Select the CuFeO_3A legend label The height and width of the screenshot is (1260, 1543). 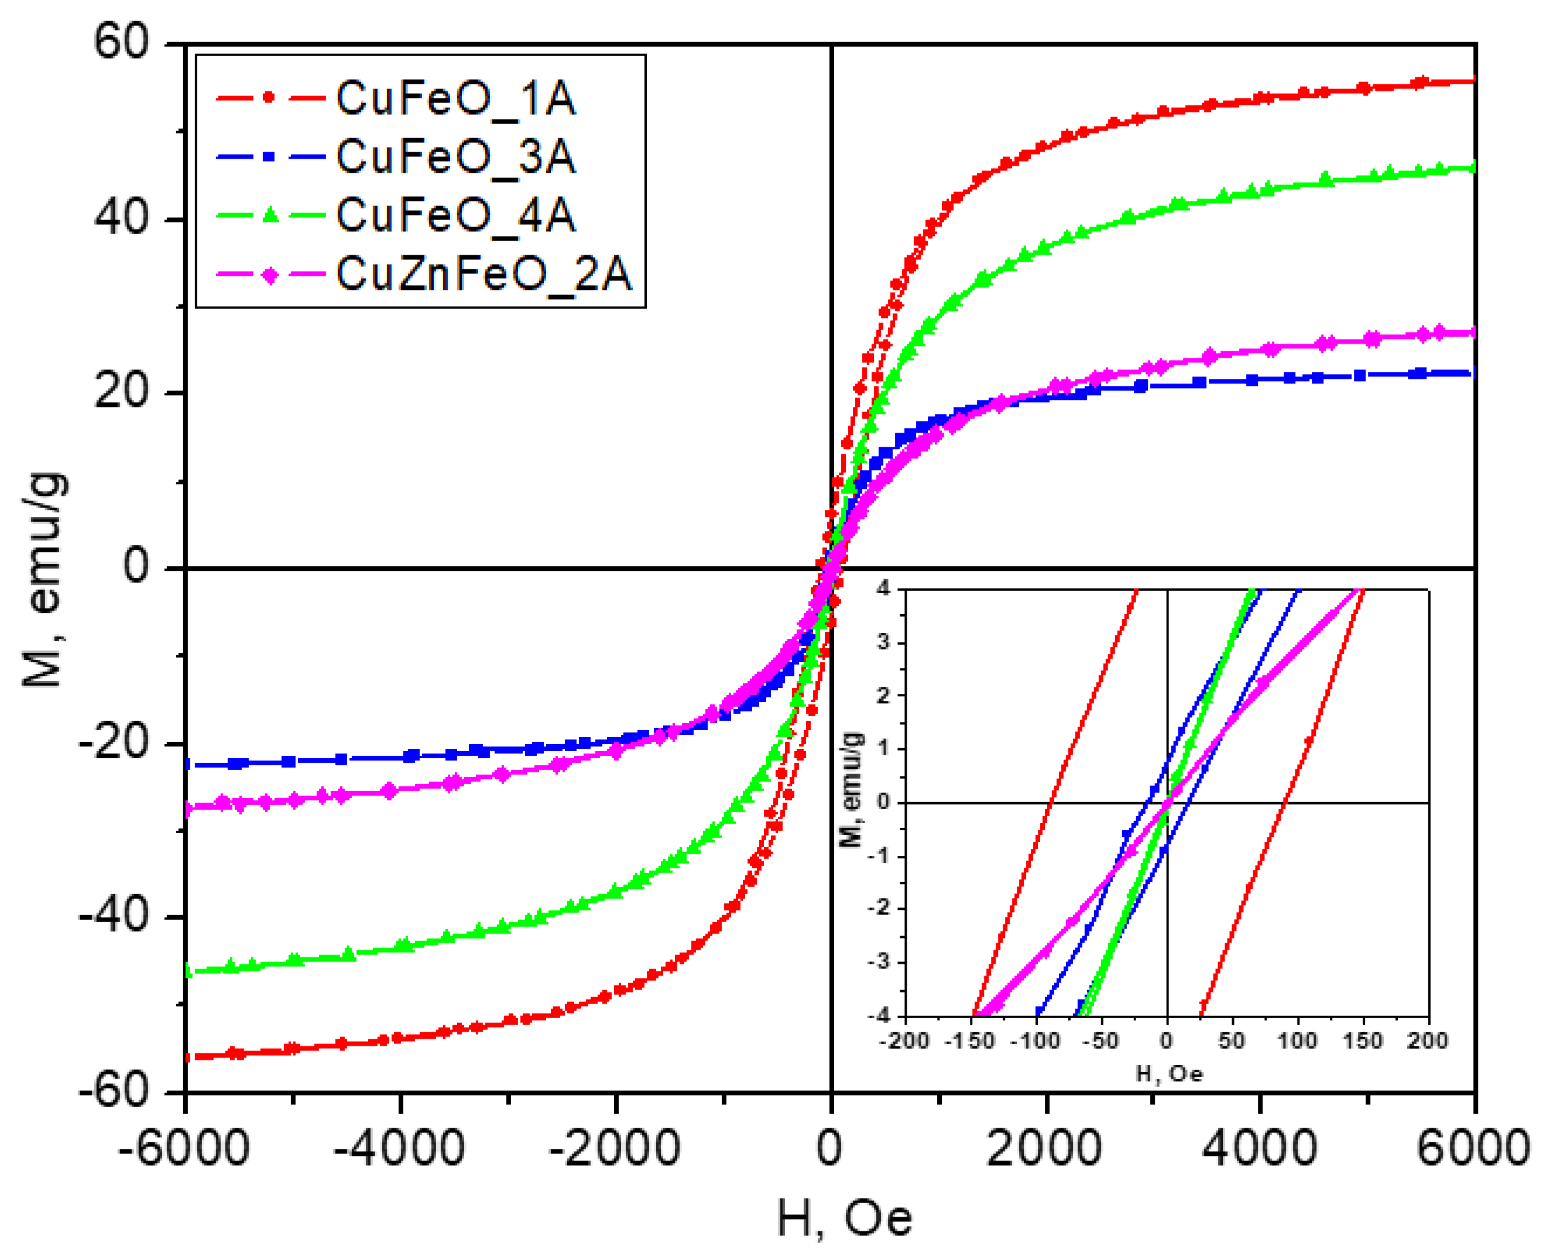coord(455,157)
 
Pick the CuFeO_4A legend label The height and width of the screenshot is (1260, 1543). coord(455,215)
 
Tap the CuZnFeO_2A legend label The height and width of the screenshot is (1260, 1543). coord(484,275)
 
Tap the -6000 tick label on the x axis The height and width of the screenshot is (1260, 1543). coord(184,1149)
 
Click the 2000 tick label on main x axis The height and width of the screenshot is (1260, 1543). coord(1045,1149)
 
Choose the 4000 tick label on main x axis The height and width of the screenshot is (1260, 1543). coord(1260,1149)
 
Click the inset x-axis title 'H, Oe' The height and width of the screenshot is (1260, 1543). coord(1169,1073)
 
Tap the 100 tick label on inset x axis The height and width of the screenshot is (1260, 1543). coord(1297,1041)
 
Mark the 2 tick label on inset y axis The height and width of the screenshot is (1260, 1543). coord(883,696)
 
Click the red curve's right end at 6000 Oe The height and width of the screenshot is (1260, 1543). coord(1473,81)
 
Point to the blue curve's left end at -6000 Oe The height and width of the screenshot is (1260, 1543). coord(188,764)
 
